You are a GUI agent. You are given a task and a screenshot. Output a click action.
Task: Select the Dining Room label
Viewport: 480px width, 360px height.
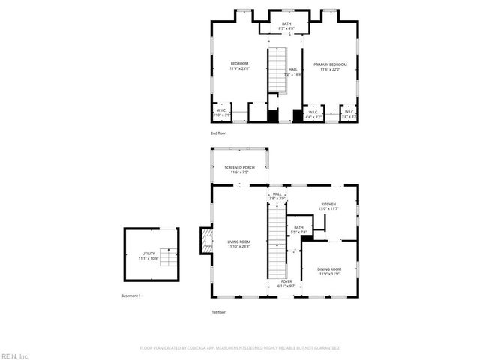(x=330, y=271)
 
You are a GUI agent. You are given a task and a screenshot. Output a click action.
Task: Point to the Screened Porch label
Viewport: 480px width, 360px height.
(x=238, y=170)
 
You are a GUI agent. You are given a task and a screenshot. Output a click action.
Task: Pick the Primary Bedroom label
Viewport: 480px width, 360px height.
(x=330, y=66)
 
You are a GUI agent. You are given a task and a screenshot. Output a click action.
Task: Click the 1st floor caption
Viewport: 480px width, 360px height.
(x=218, y=311)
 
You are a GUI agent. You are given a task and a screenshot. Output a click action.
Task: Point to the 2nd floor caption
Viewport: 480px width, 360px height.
(x=218, y=133)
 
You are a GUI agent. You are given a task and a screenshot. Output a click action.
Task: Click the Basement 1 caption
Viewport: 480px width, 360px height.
(x=131, y=295)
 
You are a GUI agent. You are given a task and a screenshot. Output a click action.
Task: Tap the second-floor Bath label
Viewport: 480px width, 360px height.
(x=286, y=26)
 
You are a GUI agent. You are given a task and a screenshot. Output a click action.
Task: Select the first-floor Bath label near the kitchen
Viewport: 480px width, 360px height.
(x=298, y=229)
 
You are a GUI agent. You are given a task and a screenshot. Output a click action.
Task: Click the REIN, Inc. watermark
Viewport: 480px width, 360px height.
(x=14, y=355)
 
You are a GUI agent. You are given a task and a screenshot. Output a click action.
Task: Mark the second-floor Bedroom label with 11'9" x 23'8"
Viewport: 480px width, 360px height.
(x=238, y=66)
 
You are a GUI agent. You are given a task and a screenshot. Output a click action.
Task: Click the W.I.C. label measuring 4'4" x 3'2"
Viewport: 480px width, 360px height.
(x=313, y=115)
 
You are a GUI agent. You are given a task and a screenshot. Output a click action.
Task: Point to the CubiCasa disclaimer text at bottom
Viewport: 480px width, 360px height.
(x=240, y=348)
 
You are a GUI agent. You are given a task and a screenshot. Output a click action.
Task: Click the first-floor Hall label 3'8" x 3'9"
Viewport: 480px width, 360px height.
(x=277, y=196)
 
